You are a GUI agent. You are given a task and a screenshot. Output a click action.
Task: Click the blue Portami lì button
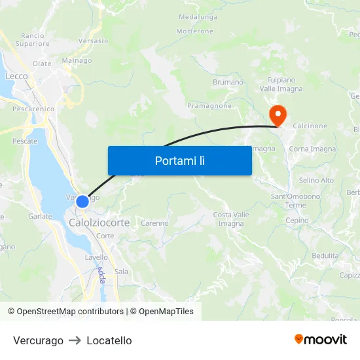(179, 160)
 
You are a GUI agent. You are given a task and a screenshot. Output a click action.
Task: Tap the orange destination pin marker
(278, 116)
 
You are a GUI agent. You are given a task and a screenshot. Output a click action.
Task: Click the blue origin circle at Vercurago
(82, 202)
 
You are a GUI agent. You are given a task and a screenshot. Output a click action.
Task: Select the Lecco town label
(16, 76)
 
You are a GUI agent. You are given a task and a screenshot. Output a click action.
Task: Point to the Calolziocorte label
(99, 223)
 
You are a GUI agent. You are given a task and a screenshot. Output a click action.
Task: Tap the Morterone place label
(194, 31)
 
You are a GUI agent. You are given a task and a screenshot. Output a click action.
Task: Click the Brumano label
(228, 82)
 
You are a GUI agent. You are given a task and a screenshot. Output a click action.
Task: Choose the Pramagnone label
(209, 105)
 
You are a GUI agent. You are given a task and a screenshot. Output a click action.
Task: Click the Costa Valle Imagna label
(231, 219)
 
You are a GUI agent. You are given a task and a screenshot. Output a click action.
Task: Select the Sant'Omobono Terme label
(296, 200)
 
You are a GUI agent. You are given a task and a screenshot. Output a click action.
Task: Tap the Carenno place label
(154, 223)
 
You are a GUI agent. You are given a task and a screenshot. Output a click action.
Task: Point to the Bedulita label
(325, 255)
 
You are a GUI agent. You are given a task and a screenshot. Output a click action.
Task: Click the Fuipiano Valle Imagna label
(281, 84)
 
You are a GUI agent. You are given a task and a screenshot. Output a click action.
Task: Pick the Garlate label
(39, 215)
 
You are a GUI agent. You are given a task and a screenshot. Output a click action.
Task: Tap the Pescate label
(25, 141)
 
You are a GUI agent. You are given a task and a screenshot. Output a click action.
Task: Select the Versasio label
(94, 41)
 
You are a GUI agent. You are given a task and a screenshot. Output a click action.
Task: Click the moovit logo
(321, 340)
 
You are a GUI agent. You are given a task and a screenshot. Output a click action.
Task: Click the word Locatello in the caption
(109, 340)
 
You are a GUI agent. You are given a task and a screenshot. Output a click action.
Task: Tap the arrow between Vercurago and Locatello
(75, 340)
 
